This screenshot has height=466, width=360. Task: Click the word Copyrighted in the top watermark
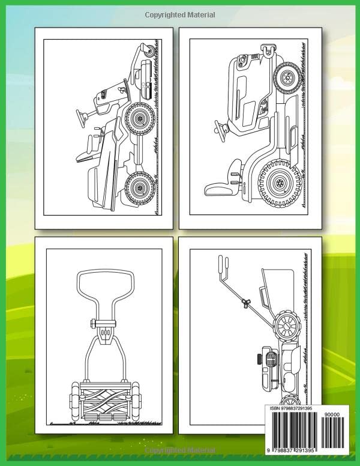coord(164,15)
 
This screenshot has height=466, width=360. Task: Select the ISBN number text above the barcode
coord(291,408)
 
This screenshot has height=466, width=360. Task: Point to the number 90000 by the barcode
coord(333,414)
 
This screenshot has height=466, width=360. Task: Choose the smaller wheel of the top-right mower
coord(287,77)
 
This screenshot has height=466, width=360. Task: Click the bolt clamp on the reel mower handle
coord(103,323)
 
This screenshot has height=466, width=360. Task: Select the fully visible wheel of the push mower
coord(287,326)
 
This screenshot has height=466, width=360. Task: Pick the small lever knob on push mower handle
coord(246,303)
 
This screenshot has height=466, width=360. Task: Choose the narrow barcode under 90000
coord(333,432)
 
